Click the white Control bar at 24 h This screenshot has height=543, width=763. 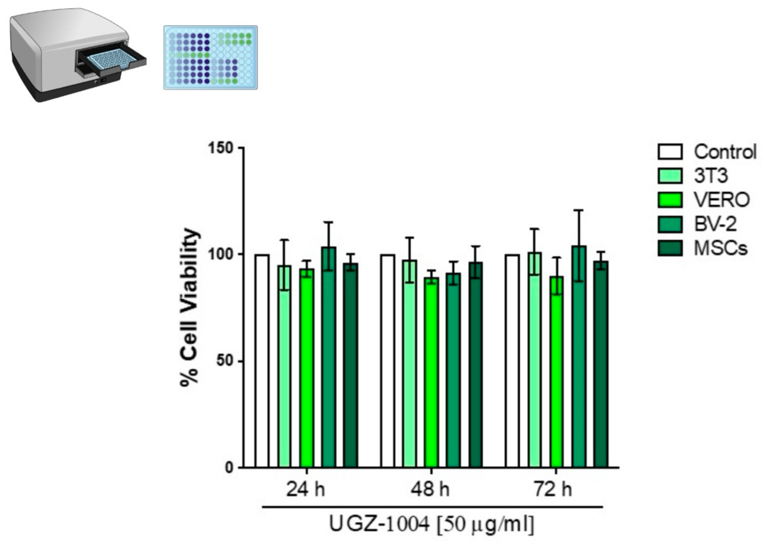coord(262,361)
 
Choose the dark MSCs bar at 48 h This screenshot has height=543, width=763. coord(475,365)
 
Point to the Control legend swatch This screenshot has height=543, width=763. coord(670,152)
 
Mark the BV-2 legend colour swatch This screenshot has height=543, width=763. coord(670,224)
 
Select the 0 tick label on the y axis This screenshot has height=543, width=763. coord(229,467)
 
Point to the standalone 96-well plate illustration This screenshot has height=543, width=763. coord(210,57)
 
